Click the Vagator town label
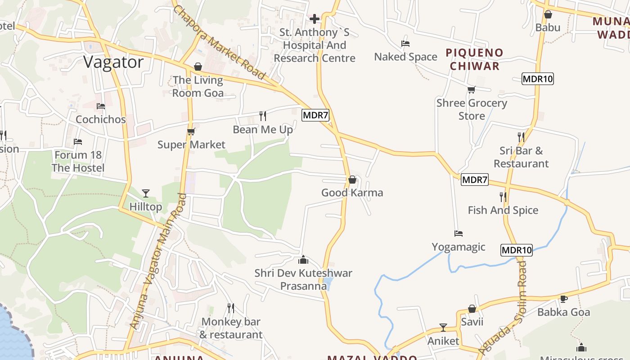click(x=113, y=62)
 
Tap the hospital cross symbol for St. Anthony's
click(x=315, y=19)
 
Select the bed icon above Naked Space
click(x=405, y=44)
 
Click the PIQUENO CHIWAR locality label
click(x=474, y=59)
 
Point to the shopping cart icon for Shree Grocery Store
click(x=471, y=90)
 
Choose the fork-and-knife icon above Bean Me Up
click(x=263, y=116)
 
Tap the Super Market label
click(x=191, y=144)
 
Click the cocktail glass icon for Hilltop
click(x=145, y=193)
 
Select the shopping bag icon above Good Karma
click(x=352, y=180)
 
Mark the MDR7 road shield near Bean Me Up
click(x=315, y=115)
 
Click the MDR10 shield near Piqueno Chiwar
click(x=537, y=79)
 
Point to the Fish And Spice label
click(x=503, y=210)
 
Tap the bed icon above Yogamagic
click(x=458, y=234)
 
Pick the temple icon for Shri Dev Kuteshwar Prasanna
click(x=303, y=260)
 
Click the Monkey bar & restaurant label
click(x=231, y=328)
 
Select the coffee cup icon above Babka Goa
click(x=563, y=299)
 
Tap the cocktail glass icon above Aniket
click(x=443, y=327)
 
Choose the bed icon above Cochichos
click(x=101, y=106)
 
